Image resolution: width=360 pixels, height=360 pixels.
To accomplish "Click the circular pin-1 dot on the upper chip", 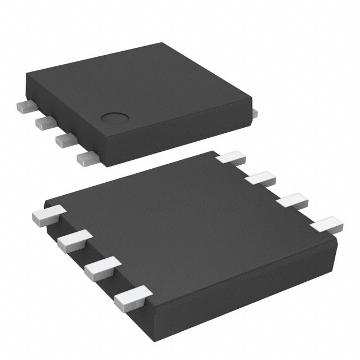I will [x=114, y=119].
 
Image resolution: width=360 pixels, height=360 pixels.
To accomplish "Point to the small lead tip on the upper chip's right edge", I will [x=255, y=113].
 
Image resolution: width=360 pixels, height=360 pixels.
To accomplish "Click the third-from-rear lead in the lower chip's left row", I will [x=101, y=267].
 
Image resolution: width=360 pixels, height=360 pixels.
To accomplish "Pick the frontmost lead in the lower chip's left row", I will [x=132, y=296].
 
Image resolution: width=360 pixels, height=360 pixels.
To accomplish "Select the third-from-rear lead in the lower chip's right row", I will [x=292, y=201].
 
